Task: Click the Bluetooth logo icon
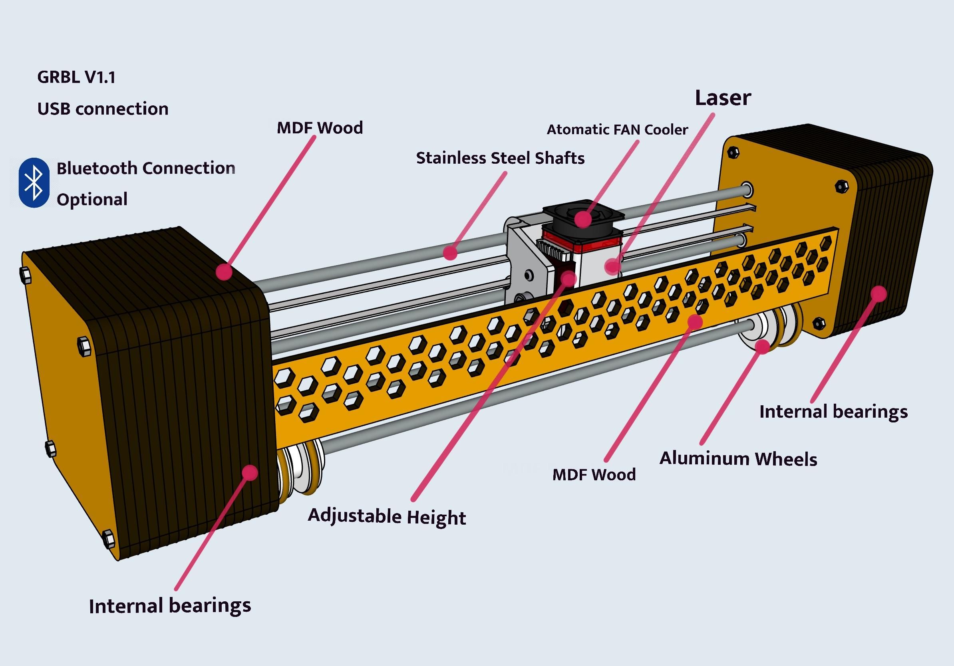pyautogui.click(x=34, y=183)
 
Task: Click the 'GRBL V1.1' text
pyautogui.click(x=76, y=77)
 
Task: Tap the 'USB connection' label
pyautogui.click(x=103, y=109)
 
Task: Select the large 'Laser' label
pyautogui.click(x=723, y=98)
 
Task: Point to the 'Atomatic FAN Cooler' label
pyautogui.click(x=617, y=129)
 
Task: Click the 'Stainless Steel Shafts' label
pyautogui.click(x=500, y=158)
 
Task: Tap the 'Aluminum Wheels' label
pyautogui.click(x=738, y=459)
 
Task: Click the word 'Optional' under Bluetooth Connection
pyautogui.click(x=92, y=200)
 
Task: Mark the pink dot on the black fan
pyautogui.click(x=583, y=218)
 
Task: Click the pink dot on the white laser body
pyautogui.click(x=612, y=266)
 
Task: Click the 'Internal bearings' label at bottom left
pyautogui.click(x=170, y=606)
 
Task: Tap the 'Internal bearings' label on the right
pyautogui.click(x=833, y=412)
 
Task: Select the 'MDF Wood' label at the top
pyautogui.click(x=320, y=128)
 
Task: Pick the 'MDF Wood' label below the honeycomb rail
pyautogui.click(x=594, y=475)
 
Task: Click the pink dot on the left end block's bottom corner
pyautogui.click(x=250, y=472)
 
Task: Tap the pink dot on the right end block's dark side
pyautogui.click(x=879, y=294)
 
